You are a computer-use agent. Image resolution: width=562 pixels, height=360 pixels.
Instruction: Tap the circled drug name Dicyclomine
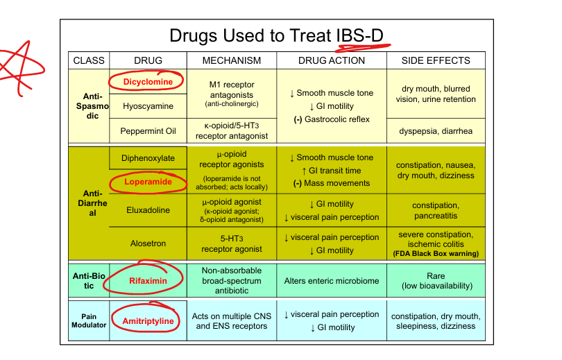tap(148, 82)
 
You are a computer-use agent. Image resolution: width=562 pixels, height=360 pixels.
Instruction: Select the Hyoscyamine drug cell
tap(148, 106)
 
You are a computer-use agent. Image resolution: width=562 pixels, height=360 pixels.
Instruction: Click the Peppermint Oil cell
tap(148, 131)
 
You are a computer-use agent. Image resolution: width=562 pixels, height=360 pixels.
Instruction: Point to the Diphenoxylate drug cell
tap(148, 158)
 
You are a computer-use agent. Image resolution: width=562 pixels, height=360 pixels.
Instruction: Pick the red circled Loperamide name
tap(148, 182)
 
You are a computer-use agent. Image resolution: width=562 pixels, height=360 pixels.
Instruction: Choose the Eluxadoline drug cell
tap(148, 210)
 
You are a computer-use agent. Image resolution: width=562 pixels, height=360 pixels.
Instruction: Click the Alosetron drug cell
tap(148, 243)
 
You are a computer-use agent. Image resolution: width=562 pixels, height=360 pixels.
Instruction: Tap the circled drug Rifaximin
tap(148, 281)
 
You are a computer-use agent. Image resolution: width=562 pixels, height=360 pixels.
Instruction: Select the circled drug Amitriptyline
tap(148, 321)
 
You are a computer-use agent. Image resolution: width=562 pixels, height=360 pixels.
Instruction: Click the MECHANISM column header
tap(232, 60)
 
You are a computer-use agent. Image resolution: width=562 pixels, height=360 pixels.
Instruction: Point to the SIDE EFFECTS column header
tap(436, 60)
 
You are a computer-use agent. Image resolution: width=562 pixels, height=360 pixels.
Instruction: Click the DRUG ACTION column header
tap(332, 60)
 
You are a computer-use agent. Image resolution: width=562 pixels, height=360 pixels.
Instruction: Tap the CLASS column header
tap(89, 60)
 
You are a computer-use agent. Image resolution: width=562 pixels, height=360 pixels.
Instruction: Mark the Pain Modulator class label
tap(89, 320)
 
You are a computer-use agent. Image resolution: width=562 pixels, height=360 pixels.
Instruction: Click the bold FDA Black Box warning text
tap(436, 254)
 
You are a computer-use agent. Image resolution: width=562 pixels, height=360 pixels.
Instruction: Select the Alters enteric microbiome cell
tap(332, 281)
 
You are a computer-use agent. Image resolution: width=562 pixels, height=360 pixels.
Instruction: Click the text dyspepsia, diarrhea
tap(436, 131)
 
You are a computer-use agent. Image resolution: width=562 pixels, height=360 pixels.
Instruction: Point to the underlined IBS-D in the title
tap(359, 36)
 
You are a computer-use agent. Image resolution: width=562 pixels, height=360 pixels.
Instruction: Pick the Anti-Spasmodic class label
tap(92, 106)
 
